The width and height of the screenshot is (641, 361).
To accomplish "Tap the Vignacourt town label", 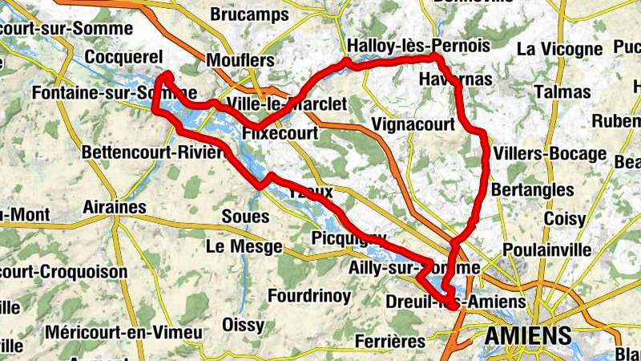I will pyautogui.click(x=413, y=124).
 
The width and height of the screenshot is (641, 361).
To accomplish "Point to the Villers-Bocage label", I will pyautogui.click(x=550, y=153).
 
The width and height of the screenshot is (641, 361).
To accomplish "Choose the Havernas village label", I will pyautogui.click(x=455, y=79).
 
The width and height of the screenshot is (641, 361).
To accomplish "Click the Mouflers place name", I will pyautogui.click(x=240, y=60).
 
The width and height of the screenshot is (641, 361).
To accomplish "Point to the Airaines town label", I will pyautogui.click(x=115, y=208).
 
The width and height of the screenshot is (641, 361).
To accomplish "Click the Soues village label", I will pyautogui.click(x=240, y=217).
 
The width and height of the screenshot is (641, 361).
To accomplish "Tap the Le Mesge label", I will pyautogui.click(x=244, y=246).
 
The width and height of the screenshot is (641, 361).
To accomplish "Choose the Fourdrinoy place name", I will pyautogui.click(x=309, y=296).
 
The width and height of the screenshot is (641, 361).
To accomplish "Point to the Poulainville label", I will pyautogui.click(x=548, y=249).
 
